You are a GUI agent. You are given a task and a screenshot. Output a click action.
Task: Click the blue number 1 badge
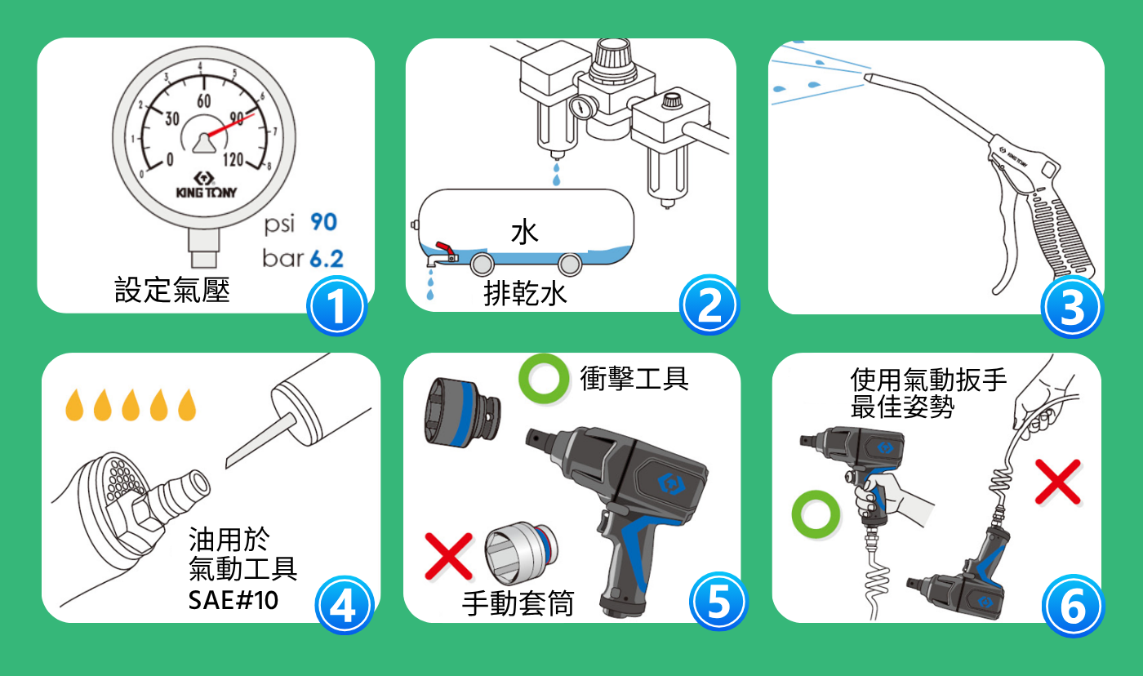(336, 305)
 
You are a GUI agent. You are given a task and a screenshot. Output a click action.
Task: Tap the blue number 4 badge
(344, 605)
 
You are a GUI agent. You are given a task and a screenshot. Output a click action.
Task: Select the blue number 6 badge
(1073, 606)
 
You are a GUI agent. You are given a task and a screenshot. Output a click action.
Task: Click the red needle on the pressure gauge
(230, 125)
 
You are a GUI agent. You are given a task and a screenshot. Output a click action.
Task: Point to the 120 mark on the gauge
(233, 159)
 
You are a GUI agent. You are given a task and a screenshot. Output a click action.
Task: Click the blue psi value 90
(324, 222)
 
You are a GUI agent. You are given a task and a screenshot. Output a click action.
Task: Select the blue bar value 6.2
(327, 259)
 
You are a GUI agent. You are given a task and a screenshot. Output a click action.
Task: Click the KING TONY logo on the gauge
(206, 185)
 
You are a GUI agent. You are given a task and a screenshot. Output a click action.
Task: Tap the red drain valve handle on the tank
(445, 248)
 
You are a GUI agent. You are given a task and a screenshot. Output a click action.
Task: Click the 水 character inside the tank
(524, 232)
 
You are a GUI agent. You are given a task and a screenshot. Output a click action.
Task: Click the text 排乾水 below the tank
(525, 294)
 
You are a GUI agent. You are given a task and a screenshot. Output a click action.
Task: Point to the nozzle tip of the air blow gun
(866, 77)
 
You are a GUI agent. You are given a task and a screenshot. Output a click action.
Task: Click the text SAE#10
(233, 600)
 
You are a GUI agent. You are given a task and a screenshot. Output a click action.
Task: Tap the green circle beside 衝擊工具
(544, 379)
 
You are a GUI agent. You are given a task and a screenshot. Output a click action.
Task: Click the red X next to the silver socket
(449, 556)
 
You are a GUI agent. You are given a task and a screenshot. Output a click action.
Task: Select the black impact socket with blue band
(462, 413)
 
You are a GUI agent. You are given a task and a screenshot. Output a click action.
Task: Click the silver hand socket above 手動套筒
(521, 553)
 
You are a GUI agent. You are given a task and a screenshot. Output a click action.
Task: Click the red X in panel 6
(1058, 482)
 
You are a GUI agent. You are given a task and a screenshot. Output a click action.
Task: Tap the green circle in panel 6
(816, 514)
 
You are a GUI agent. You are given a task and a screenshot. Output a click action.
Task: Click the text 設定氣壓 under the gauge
(172, 290)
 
